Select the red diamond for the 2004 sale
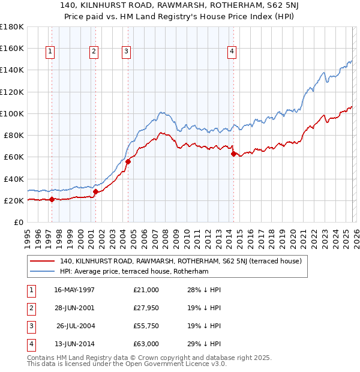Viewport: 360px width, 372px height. [x=128, y=161]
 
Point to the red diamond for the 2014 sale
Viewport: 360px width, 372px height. [x=233, y=154]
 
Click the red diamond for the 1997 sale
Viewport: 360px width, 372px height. [x=52, y=199]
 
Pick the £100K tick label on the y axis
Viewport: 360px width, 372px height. [x=12, y=113]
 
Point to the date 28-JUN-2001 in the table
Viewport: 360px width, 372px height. [x=74, y=308]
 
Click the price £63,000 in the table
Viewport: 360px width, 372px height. [x=146, y=344]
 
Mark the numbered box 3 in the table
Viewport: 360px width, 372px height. [x=31, y=326]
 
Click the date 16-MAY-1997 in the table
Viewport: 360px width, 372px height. [x=74, y=290]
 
